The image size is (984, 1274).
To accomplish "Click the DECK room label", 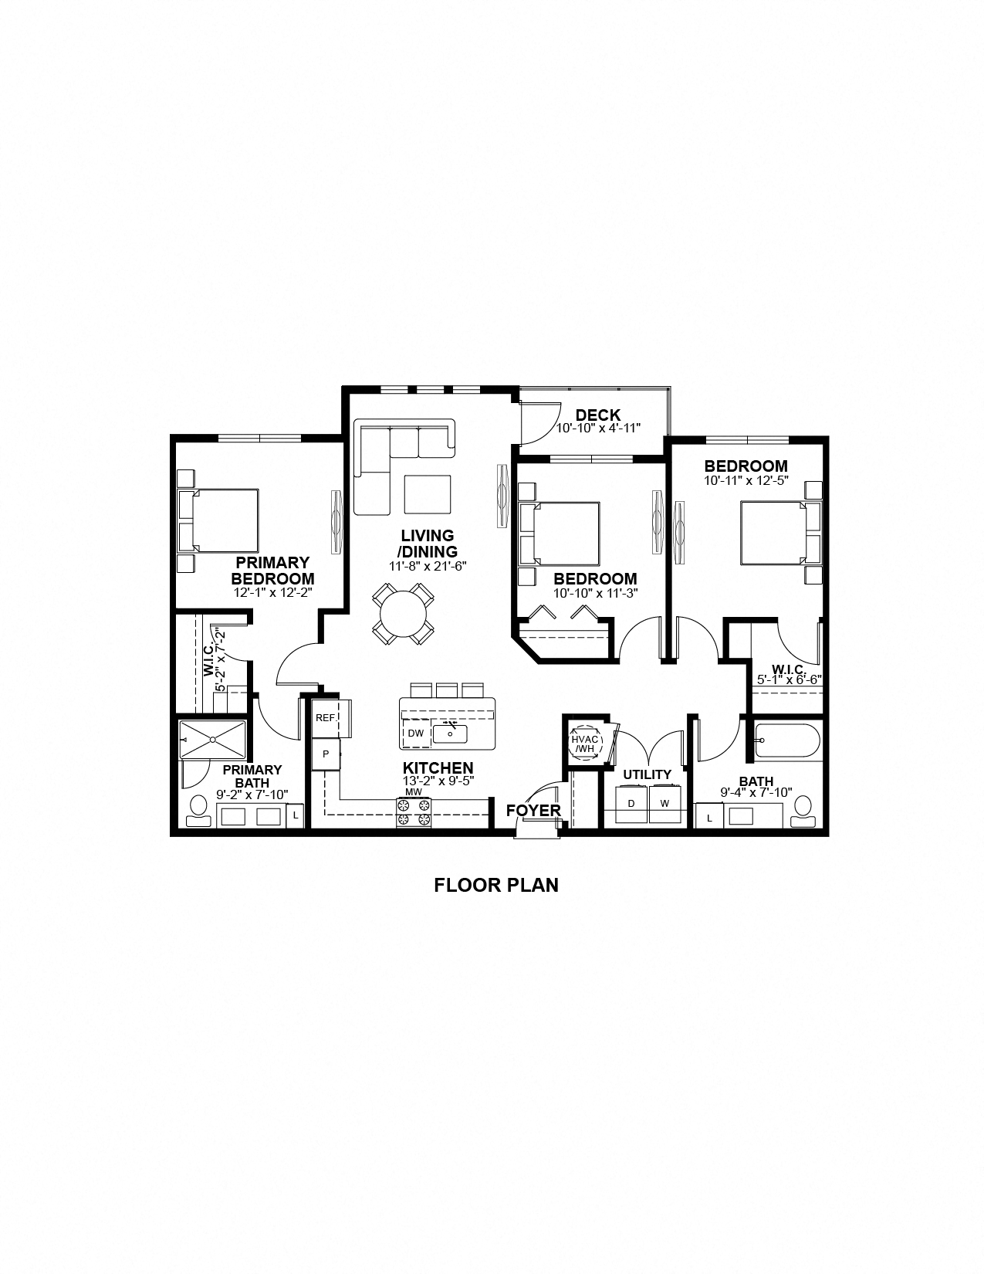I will pos(597,415).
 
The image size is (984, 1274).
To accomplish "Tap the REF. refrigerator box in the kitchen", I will pos(326,717).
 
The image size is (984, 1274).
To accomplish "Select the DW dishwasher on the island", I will pos(415,733).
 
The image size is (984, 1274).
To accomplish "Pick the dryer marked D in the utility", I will pos(631,804).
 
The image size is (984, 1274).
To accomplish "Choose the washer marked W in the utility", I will pos(664,804).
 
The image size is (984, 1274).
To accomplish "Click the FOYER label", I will pos(533,811).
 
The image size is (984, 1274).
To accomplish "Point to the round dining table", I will pos(402,615).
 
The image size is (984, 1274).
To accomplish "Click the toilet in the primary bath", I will pos(198,811).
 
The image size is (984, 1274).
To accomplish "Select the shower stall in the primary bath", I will pos(212,739).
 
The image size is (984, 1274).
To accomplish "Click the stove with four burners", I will pos(414,812).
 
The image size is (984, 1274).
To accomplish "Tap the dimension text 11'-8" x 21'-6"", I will pos(428,566).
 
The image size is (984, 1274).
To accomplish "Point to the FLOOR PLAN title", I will pos(495,885).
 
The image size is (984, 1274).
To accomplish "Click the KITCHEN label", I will pos(438,768).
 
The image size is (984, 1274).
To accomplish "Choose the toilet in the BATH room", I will pos(804,811).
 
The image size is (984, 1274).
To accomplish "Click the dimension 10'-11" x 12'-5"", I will pos(746,479).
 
